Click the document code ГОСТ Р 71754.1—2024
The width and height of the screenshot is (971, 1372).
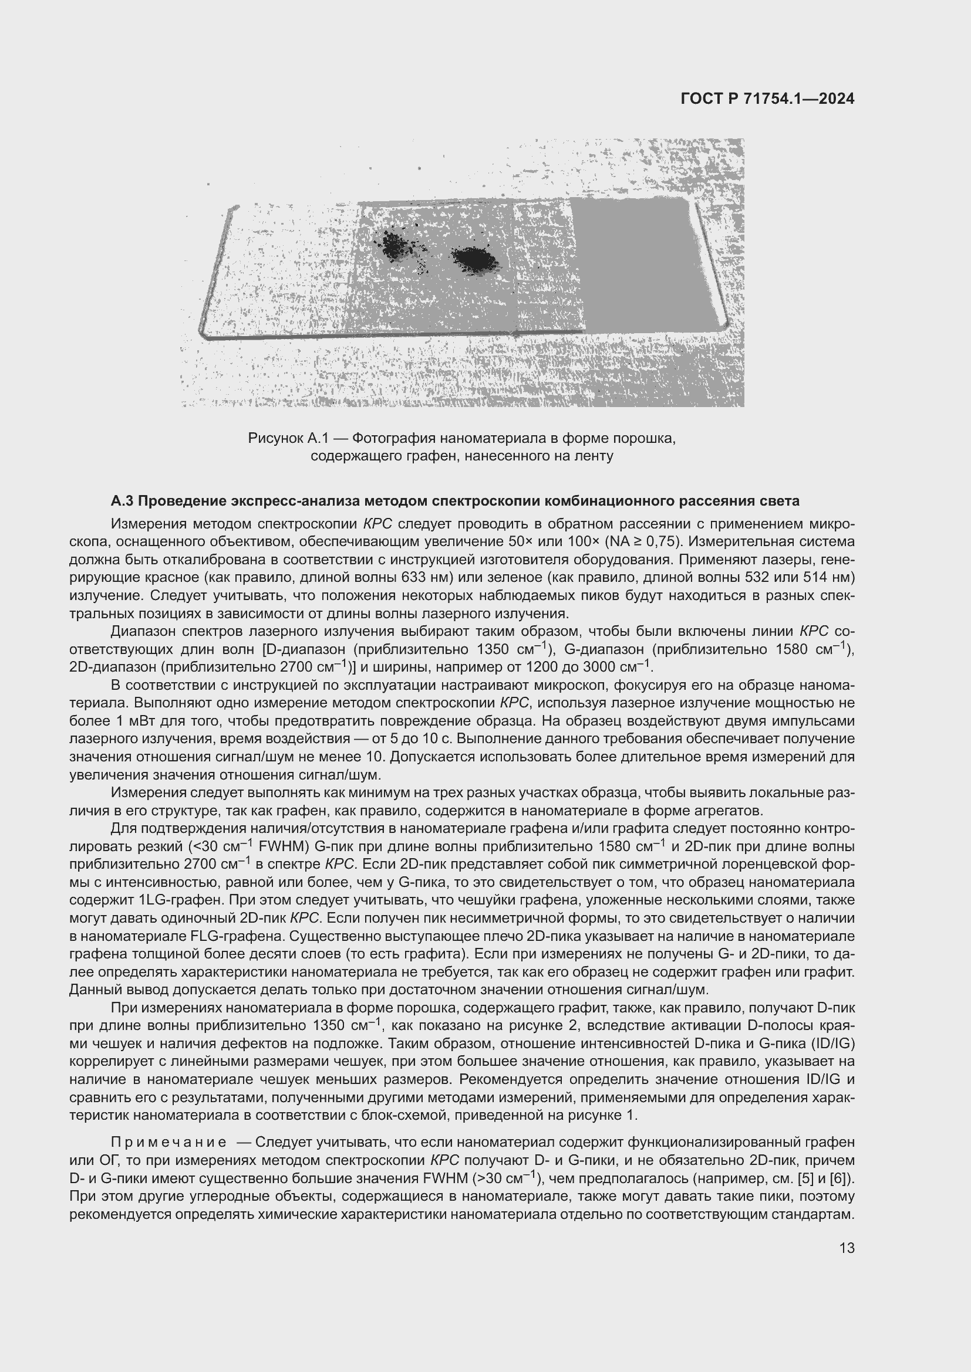(767, 99)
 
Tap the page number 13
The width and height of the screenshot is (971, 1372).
(847, 1248)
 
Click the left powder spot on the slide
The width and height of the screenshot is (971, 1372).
(395, 245)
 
